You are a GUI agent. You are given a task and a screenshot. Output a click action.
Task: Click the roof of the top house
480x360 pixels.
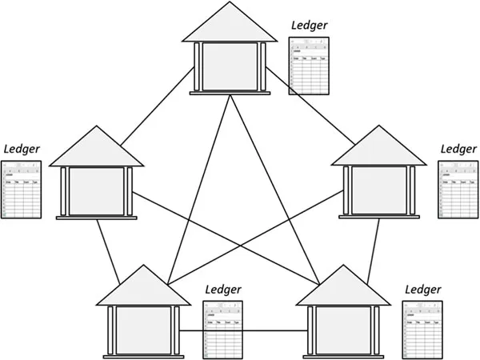pos(230,24)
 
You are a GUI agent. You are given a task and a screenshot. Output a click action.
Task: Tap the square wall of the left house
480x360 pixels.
pos(96,191)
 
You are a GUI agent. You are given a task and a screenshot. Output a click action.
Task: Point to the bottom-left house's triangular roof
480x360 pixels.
pos(143,287)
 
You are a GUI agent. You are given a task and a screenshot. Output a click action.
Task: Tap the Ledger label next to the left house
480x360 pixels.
pos(22,149)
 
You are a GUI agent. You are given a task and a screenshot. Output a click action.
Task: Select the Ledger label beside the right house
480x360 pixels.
pos(458,149)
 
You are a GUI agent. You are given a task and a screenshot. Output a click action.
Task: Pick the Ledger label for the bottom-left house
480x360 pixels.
pos(223,289)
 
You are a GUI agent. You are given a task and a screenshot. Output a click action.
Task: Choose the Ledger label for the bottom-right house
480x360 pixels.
pos(423,289)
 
